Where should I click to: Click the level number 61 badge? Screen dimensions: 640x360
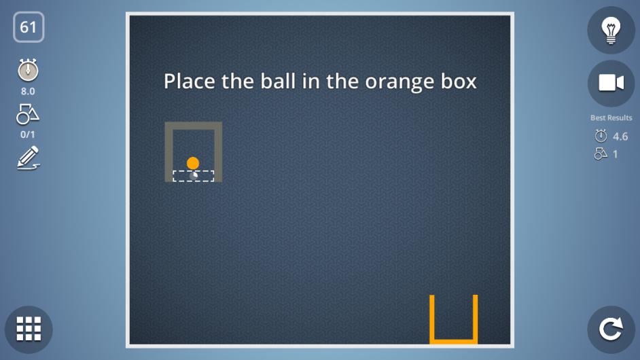point(29,27)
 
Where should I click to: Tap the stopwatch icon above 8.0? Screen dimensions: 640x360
point(28,70)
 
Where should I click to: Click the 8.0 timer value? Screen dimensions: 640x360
point(28,91)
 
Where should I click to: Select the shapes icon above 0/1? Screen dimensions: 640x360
point(28,114)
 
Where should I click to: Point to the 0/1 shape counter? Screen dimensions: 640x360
point(28,134)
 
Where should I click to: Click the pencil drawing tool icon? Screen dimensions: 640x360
point(28,158)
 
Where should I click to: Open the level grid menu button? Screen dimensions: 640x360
point(29,329)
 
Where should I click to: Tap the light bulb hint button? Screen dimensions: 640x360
point(611,30)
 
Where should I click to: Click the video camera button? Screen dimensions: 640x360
point(611,83)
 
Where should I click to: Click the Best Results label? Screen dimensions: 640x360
point(611,118)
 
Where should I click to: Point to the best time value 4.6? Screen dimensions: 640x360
point(620,137)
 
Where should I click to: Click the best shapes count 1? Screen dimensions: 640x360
point(615,154)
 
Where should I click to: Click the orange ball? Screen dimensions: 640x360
point(193,163)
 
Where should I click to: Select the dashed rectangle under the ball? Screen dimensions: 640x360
point(194,176)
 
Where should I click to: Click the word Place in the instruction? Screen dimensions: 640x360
point(190,81)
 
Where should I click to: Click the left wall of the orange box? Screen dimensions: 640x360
point(432,319)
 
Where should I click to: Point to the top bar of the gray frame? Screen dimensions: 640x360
point(194,126)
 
